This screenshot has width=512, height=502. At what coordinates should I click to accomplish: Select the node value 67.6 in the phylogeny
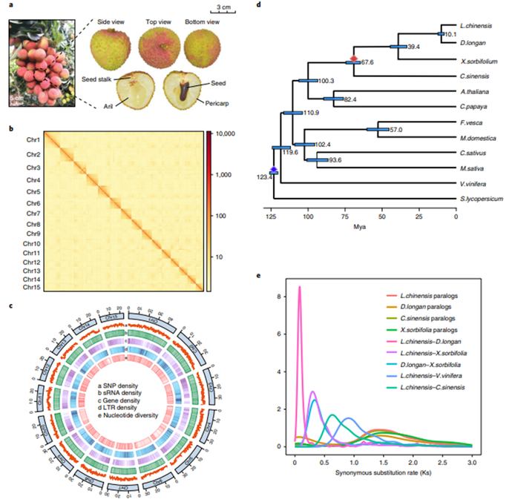[366, 63]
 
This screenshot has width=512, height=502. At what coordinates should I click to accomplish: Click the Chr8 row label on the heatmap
[33, 223]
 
